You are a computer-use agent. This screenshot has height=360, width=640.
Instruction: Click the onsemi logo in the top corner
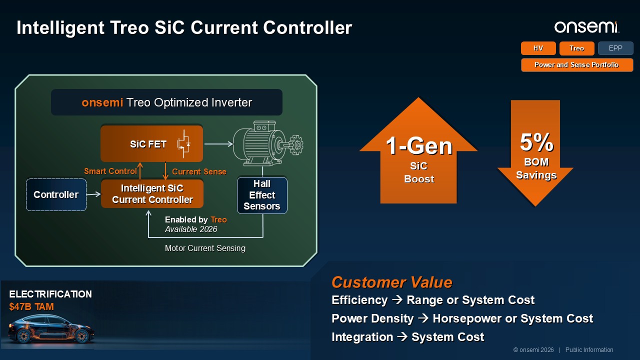coord(587,27)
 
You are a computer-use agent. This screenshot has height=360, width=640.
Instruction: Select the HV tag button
coord(538,48)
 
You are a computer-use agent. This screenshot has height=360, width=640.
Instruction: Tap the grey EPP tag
coord(615,48)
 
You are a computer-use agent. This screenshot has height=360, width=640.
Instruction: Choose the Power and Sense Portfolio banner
coord(577,65)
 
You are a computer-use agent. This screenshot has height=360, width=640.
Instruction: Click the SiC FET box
coord(151,143)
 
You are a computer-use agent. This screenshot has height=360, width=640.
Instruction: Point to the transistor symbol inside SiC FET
coord(183,143)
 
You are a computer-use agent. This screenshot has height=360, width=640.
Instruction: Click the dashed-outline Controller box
coord(56,194)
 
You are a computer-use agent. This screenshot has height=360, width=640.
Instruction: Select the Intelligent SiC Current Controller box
coord(152,193)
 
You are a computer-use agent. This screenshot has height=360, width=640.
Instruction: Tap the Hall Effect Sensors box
coord(262,195)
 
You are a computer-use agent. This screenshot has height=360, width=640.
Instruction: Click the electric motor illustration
coord(268,143)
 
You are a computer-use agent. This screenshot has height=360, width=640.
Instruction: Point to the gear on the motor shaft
coord(296,145)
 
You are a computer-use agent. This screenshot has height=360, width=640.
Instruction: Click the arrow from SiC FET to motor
coord(218,143)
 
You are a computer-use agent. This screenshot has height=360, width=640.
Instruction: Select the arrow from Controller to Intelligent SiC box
coord(93,194)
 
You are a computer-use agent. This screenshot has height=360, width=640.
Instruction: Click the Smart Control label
coord(110,171)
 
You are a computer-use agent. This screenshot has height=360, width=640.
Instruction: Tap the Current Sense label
coord(199,171)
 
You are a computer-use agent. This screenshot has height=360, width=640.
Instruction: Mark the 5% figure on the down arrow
coord(536,142)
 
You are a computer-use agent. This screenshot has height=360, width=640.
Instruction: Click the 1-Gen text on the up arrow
coord(419,146)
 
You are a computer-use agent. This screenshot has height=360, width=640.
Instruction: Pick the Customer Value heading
coord(391,282)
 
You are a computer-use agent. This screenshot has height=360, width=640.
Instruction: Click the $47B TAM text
coord(31,306)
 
